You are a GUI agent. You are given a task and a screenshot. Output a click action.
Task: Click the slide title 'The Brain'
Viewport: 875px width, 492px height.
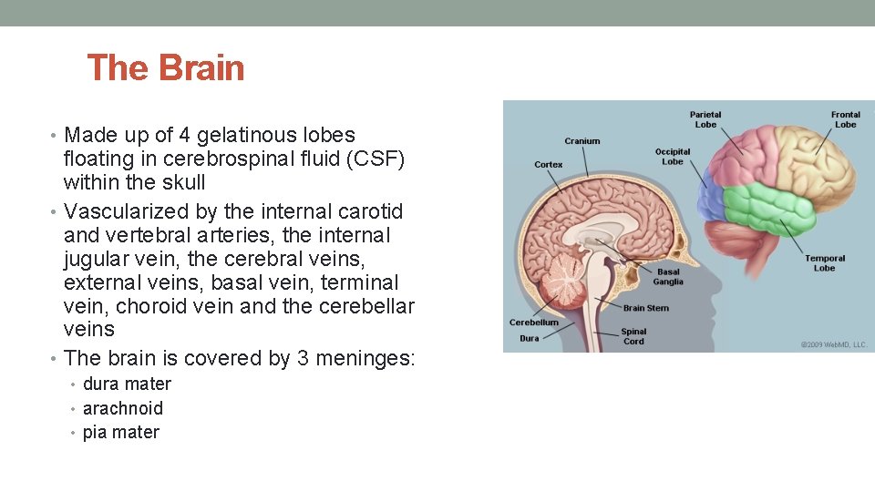pos(166,68)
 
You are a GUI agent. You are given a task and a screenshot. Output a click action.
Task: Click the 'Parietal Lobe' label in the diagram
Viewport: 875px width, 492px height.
pos(705,119)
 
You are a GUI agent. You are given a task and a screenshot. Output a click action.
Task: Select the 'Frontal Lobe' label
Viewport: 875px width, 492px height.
pos(845,119)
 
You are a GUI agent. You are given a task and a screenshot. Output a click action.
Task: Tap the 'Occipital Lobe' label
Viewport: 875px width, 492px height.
pos(673,156)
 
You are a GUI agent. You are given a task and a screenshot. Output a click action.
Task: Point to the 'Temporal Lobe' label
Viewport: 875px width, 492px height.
pos(824,263)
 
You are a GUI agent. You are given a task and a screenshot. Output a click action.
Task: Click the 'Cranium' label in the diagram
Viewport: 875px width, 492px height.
pos(582,141)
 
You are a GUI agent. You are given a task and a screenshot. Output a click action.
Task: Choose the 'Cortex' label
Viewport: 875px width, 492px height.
pos(549,165)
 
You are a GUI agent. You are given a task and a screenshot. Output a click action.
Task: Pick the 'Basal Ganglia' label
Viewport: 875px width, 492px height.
pos(668,276)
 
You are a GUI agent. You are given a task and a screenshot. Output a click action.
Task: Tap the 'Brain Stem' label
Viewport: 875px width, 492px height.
pos(646,308)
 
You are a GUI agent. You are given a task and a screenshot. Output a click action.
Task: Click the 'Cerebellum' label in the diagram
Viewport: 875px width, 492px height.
pos(534,323)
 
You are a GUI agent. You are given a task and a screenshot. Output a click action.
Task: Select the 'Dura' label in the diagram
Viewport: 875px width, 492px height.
pos(529,338)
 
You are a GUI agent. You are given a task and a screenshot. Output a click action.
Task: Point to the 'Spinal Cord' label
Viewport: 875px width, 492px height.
pos(633,336)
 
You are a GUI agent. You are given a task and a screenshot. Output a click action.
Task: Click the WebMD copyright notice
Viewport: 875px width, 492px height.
pos(833,345)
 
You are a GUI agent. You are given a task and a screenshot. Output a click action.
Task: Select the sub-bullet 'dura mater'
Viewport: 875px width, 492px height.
pos(127,384)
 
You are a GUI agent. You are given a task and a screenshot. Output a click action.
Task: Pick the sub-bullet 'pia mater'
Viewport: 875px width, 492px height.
pos(121,432)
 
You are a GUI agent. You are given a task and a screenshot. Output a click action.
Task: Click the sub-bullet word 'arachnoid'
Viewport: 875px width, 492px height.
pos(123,408)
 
